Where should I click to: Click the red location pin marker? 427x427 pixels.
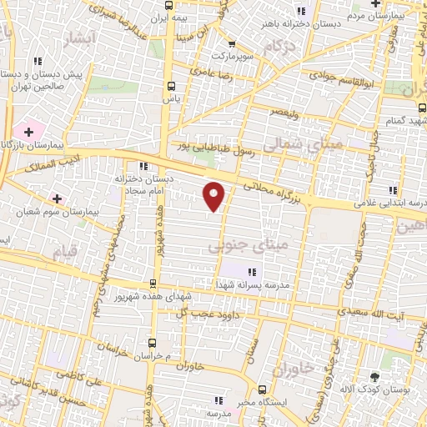[x=214, y=195]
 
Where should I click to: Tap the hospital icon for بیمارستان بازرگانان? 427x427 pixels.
[x=28, y=132]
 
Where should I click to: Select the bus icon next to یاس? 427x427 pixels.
[x=171, y=86]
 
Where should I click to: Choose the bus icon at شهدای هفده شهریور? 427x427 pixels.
[x=152, y=284]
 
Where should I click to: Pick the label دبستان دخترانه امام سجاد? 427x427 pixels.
[x=145, y=185]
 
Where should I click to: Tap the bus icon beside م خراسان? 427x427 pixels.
[x=152, y=343]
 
